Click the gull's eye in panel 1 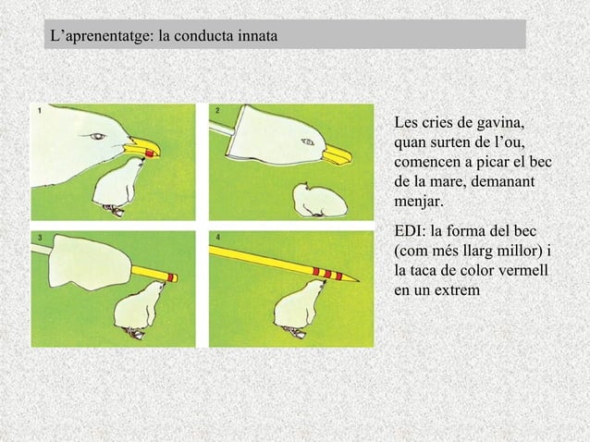98,137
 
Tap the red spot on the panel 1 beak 141,153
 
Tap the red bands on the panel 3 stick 164,275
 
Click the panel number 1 40,110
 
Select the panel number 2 217,110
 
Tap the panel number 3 40,238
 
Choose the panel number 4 217,238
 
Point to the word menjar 418,199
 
